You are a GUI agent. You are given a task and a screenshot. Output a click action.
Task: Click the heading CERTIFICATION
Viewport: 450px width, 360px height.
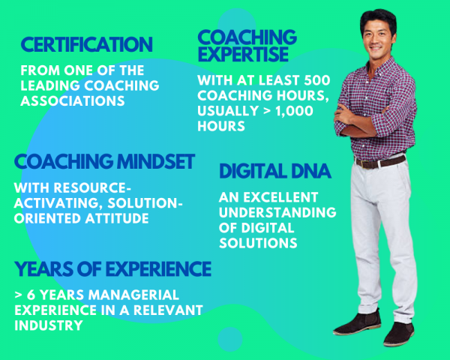86,44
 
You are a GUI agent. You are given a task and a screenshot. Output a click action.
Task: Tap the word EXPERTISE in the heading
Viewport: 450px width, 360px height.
243,54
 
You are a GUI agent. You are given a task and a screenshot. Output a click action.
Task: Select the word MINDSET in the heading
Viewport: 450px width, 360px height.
156,161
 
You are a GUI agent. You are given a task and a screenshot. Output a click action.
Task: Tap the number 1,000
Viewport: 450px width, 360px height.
294,111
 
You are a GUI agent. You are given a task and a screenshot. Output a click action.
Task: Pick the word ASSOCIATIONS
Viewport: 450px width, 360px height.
73,100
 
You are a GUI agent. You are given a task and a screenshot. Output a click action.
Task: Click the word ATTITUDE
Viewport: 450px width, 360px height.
117,218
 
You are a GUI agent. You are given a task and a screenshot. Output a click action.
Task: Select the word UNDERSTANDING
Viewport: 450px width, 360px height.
277,212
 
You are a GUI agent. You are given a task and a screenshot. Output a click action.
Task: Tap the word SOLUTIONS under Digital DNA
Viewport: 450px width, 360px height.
258,243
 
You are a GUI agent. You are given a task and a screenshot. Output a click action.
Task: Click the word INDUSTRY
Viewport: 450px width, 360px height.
49,325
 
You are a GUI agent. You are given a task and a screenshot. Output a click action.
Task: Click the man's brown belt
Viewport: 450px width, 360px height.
380,162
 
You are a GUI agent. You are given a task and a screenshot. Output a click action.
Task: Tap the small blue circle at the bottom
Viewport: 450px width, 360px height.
230,339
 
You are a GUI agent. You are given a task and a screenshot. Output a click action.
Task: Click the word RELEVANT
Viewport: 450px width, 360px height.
168,310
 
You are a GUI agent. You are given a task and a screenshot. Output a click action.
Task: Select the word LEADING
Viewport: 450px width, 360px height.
50,85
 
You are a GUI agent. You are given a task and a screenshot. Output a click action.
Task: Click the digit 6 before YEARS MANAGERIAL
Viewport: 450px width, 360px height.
31,295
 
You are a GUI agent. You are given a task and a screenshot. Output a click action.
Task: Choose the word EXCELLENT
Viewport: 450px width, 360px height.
280,197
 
